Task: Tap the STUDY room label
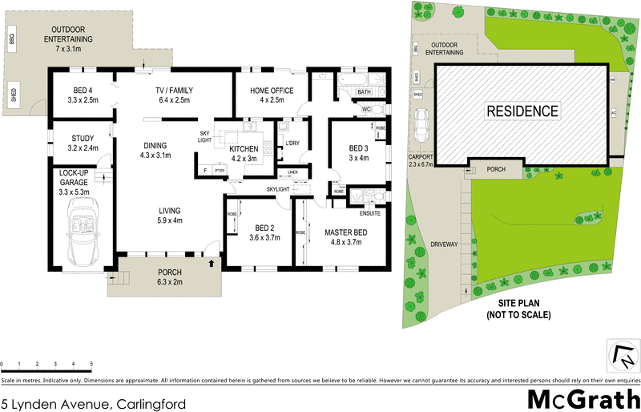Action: click(83, 138)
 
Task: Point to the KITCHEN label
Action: click(243, 149)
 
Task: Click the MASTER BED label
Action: click(345, 232)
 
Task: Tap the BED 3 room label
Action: click(359, 148)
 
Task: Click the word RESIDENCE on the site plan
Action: click(522, 111)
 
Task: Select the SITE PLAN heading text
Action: click(518, 304)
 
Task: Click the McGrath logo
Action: click(582, 398)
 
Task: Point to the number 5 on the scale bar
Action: click(92, 365)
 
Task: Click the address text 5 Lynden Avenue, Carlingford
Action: click(94, 403)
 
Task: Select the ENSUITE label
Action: click(369, 212)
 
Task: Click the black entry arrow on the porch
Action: click(212, 261)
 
